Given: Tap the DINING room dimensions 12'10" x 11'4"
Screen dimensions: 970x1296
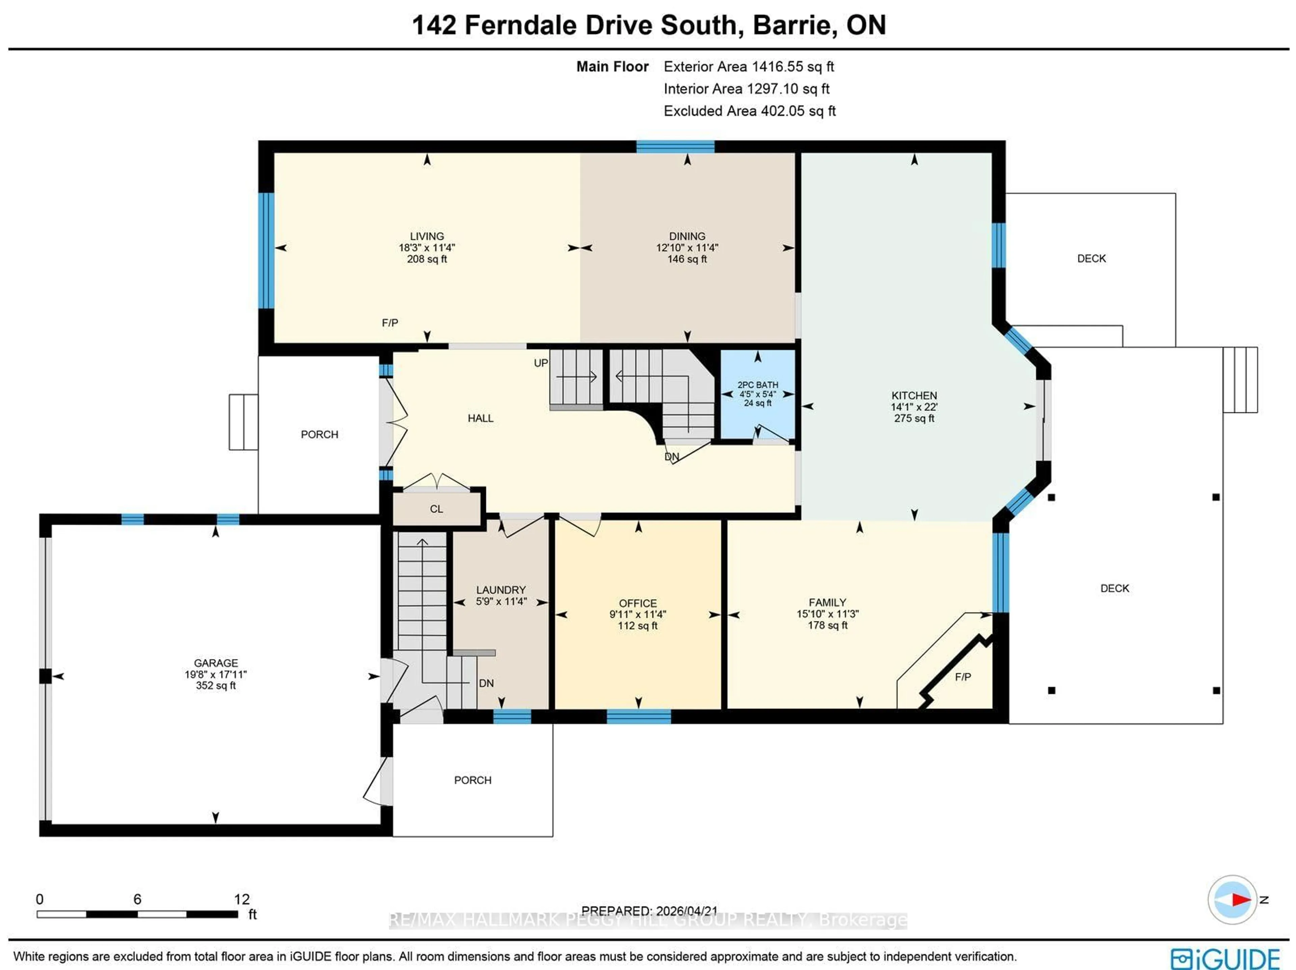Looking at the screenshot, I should [687, 248].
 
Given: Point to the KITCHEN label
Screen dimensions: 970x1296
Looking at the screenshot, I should [914, 395].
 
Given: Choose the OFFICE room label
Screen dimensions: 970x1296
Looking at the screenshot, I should [638, 603].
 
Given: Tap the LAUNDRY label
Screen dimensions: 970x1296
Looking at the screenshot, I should [501, 590].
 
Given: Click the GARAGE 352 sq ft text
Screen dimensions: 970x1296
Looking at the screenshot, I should [216, 685].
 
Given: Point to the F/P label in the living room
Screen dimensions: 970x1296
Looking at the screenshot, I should [389, 323].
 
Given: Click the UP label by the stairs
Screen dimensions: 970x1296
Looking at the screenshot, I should [541, 363].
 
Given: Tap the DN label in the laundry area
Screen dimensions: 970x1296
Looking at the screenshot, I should [486, 683].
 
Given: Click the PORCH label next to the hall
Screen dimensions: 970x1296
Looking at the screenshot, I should [319, 434].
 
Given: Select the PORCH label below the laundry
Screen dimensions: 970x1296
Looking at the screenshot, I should [472, 780].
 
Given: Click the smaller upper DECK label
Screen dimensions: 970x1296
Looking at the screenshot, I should [1091, 258].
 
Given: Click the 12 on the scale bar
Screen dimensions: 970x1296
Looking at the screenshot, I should [241, 899].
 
